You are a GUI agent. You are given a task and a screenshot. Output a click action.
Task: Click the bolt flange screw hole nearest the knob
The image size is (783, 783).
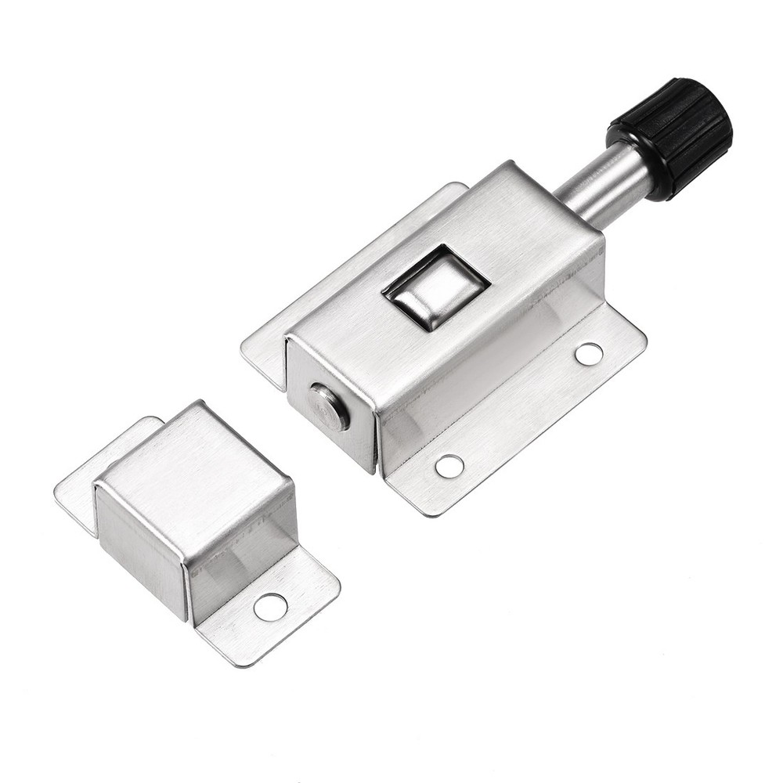pos(589,354)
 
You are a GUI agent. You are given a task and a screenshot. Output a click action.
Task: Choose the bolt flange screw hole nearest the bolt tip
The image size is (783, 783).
pos(449,466)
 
